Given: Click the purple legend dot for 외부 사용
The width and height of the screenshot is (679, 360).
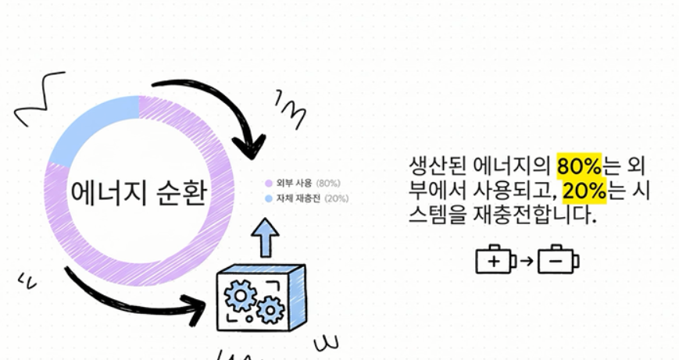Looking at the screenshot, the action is pyautogui.click(x=268, y=183).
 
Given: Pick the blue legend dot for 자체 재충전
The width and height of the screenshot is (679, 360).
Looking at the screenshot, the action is pyautogui.click(x=268, y=198).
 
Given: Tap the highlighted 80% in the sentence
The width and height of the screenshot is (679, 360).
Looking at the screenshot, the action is pyautogui.click(x=577, y=165).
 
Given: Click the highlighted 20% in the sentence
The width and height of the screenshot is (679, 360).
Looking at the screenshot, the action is pyautogui.click(x=582, y=191).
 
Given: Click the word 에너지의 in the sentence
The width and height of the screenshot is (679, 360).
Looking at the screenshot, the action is pyautogui.click(x=513, y=165).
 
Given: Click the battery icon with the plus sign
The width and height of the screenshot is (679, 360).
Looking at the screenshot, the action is pyautogui.click(x=495, y=261).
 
